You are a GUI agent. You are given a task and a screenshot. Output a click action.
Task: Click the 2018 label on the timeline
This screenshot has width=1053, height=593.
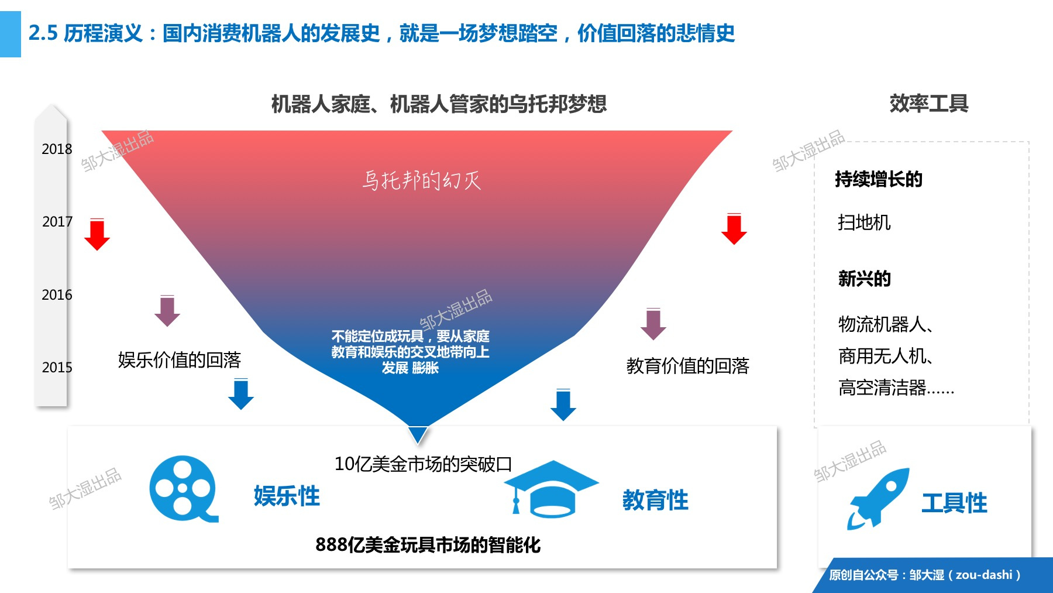point(57,149)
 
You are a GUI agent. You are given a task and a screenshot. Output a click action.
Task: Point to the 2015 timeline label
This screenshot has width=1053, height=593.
point(57,368)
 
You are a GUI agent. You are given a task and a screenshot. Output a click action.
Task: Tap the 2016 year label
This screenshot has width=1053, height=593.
point(57,295)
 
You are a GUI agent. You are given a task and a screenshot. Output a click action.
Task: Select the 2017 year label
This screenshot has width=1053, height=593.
point(57,222)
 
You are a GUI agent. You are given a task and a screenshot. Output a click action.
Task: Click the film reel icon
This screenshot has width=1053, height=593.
point(183,489)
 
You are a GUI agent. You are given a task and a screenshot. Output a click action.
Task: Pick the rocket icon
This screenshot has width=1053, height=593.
point(878,498)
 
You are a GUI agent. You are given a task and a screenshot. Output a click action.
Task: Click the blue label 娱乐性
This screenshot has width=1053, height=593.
point(287,496)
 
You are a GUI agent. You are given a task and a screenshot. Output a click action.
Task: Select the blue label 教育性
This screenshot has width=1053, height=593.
point(655,501)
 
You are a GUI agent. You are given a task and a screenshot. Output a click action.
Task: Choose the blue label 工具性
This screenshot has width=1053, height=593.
point(954,503)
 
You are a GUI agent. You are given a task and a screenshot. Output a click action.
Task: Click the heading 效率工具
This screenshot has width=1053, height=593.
point(929,104)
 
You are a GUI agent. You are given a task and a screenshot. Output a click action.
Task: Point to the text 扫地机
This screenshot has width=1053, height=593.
point(864,222)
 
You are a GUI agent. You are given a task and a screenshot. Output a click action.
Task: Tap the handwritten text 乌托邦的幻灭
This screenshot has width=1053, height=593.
point(421,180)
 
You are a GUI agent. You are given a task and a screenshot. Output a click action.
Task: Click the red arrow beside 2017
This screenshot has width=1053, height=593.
point(97,234)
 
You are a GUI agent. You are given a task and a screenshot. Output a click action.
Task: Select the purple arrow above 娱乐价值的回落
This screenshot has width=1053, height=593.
point(167,311)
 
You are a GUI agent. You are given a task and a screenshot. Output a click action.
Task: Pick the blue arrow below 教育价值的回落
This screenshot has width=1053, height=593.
point(563,405)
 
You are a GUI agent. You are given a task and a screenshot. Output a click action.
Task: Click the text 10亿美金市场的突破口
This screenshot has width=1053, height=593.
point(423,464)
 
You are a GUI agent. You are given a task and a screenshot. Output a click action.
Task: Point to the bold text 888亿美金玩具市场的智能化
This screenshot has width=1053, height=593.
point(428,545)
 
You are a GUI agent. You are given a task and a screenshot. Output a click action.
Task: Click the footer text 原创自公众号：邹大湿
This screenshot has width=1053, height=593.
point(887,575)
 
